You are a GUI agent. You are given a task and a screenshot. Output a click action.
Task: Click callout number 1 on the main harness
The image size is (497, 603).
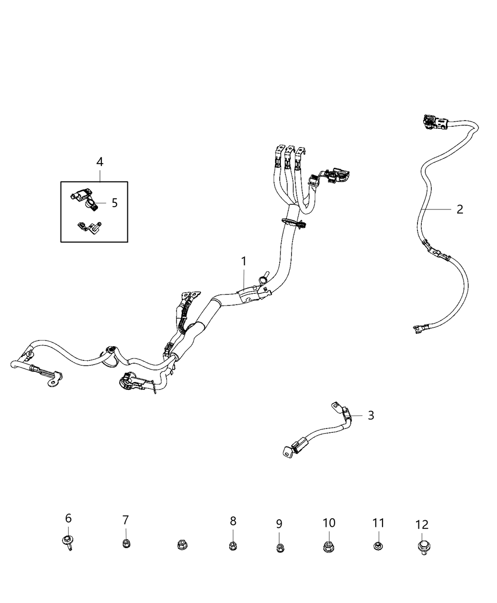tap(243, 262)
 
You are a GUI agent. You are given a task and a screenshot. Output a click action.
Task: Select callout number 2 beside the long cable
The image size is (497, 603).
tap(460, 209)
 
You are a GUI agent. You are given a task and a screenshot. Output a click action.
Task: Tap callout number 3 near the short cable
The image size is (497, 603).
tap(371, 415)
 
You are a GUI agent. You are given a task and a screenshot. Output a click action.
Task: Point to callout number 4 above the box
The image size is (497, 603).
tap(100, 162)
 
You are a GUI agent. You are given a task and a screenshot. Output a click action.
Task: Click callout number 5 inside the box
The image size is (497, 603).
tap(115, 203)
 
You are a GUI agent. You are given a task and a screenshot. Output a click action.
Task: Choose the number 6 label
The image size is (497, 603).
tap(68, 518)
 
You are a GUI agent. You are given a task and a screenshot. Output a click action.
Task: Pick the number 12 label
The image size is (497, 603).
tap(422, 525)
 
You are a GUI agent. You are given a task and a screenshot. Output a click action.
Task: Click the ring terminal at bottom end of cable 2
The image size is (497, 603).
tap(421, 329)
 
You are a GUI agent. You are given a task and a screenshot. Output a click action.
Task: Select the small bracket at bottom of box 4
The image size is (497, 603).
tap(89, 227)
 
